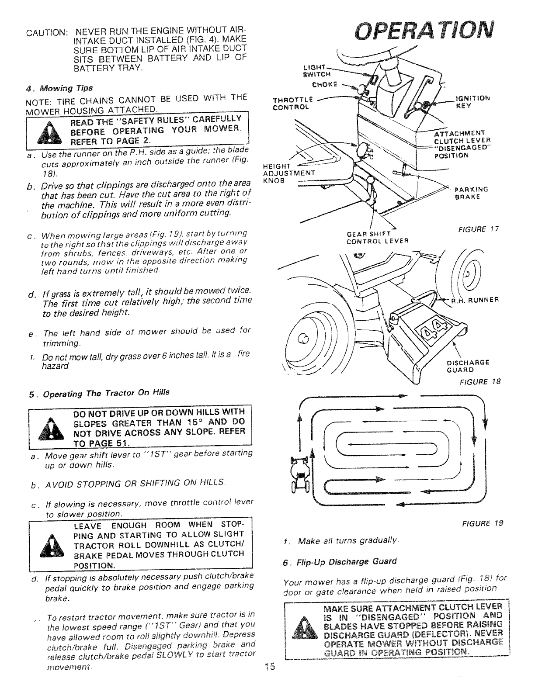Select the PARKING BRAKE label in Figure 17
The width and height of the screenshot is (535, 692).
point(471,193)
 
